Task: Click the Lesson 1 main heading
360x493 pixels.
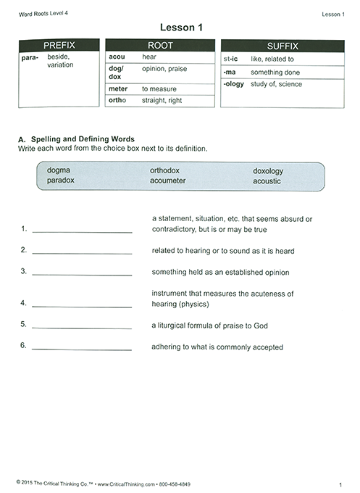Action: coord(180,28)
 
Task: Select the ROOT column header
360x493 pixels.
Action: coord(160,45)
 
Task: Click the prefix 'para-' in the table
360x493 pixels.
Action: coord(31,57)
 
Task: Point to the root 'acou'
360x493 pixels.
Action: coord(117,57)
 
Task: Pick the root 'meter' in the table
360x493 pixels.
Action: coord(118,88)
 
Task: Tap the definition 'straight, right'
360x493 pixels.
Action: coord(162,100)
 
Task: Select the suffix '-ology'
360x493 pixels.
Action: coord(235,84)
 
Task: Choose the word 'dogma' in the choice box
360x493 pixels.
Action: coord(59,170)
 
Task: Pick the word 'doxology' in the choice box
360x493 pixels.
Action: coord(268,170)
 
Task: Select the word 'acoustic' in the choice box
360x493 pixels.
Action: coord(267,181)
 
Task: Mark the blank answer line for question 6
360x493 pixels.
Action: coord(82,349)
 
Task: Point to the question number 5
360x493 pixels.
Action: coord(24,324)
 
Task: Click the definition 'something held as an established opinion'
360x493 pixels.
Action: coord(220,273)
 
